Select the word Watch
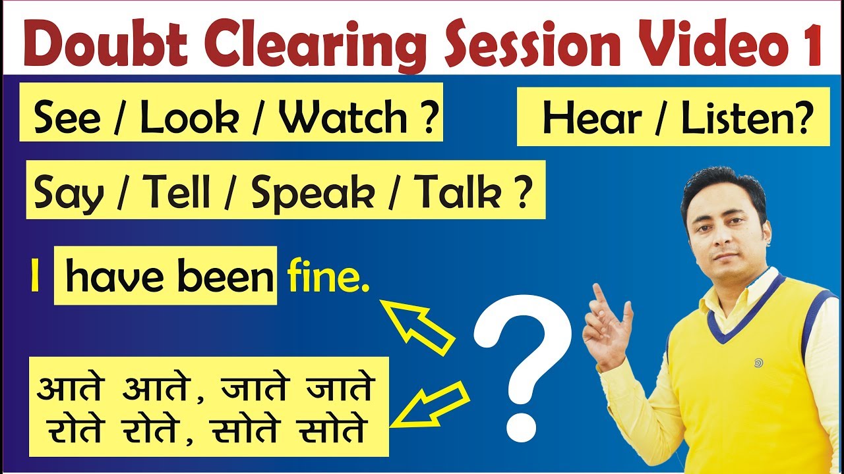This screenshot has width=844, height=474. (x=344, y=118)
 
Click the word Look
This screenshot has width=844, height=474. (x=190, y=118)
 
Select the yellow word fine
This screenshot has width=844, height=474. (x=327, y=278)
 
